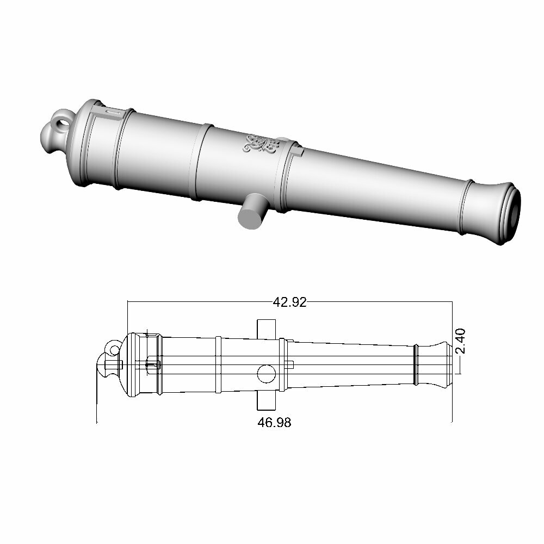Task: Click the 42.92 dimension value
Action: pyautogui.click(x=289, y=302)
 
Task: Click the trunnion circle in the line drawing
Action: pyautogui.click(x=267, y=373)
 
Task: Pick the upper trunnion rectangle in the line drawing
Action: pyautogui.click(x=267, y=328)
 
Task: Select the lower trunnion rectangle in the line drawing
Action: pyautogui.click(x=267, y=399)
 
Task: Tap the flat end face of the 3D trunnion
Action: pyautogui.click(x=249, y=219)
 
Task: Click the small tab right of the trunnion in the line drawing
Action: pyautogui.click(x=290, y=363)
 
